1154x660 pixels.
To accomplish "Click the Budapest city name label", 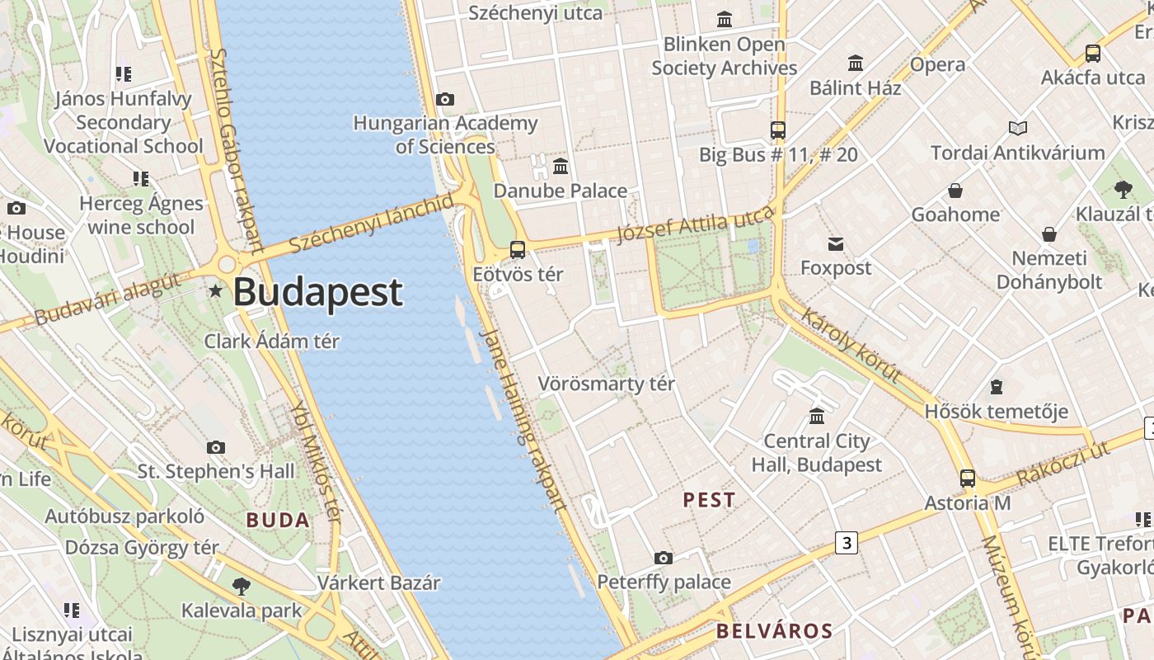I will (x=318, y=293).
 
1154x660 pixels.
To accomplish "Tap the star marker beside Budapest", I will (x=216, y=290).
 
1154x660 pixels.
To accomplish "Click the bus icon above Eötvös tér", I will (x=518, y=249).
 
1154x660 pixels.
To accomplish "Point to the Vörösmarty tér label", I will (x=606, y=384).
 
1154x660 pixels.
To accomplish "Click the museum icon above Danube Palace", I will (x=561, y=166).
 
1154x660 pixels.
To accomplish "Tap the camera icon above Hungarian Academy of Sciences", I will (x=445, y=99).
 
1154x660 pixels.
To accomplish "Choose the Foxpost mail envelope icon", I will (x=836, y=243).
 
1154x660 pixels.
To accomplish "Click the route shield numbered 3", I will (x=846, y=543).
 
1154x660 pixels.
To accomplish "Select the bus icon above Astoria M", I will (x=967, y=478).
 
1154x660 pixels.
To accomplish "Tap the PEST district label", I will (x=709, y=500).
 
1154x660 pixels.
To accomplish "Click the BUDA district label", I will (x=278, y=520).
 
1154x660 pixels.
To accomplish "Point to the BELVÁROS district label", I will (x=774, y=632).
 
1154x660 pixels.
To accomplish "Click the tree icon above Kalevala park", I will (x=242, y=587).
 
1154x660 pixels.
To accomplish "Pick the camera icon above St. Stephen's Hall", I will (x=216, y=447).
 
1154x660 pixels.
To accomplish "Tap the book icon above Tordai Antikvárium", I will (x=1018, y=128).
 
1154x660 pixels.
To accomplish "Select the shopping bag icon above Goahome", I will (x=955, y=191).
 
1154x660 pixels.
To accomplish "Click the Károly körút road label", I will (x=851, y=345).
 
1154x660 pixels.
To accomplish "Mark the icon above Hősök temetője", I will (x=996, y=386).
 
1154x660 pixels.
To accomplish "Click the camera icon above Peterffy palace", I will (x=664, y=559).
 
